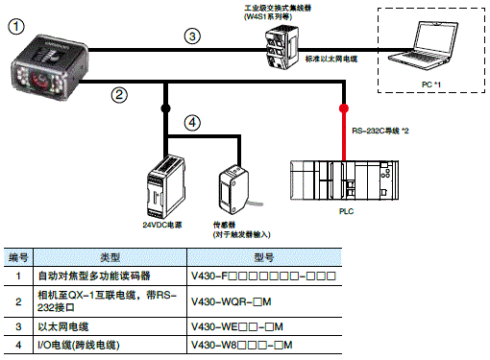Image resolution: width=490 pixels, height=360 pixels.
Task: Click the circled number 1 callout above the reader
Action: (18, 30)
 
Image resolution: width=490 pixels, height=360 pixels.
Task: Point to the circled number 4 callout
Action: (193, 122)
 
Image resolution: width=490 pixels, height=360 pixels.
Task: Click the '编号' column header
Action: (19, 257)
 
